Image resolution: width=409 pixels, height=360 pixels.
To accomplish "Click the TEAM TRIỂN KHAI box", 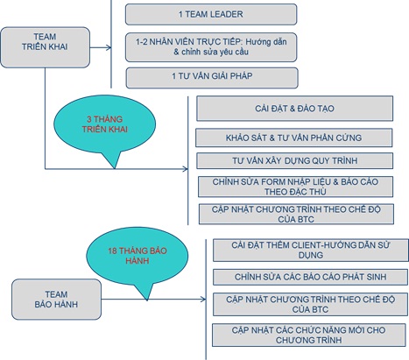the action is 45,47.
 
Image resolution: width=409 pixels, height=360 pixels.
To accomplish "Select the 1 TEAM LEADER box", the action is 211,14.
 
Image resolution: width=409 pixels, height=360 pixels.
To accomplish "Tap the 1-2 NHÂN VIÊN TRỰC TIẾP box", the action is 211,47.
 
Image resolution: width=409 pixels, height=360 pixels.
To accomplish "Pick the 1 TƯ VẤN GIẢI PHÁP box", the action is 212,78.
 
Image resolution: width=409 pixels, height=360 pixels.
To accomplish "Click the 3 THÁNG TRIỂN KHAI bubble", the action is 104,125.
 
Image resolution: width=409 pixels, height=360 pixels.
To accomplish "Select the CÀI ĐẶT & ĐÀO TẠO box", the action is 294,109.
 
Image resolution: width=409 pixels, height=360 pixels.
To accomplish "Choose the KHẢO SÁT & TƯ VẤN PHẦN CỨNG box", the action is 294,138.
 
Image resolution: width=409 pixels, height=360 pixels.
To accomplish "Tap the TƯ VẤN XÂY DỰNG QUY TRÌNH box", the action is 294,160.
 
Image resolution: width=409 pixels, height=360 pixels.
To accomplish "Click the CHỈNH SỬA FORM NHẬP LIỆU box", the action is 295,187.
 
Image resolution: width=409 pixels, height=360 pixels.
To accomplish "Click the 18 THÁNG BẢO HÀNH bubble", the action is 138,256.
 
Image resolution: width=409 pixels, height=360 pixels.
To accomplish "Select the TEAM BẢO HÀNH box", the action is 56,300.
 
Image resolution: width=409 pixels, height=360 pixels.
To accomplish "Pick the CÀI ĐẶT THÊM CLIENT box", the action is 311,250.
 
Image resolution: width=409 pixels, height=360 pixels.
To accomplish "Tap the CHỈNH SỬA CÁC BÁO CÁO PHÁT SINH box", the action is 310,277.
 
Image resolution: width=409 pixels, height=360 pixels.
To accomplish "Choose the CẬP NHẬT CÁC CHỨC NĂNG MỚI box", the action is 309,335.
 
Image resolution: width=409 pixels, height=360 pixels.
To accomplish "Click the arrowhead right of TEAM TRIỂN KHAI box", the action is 109,47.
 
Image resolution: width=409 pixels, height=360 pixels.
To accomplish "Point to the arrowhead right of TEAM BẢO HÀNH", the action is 203,299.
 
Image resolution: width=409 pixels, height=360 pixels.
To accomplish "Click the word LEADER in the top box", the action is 227,14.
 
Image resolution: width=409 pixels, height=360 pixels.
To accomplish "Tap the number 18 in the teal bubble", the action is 112,251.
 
